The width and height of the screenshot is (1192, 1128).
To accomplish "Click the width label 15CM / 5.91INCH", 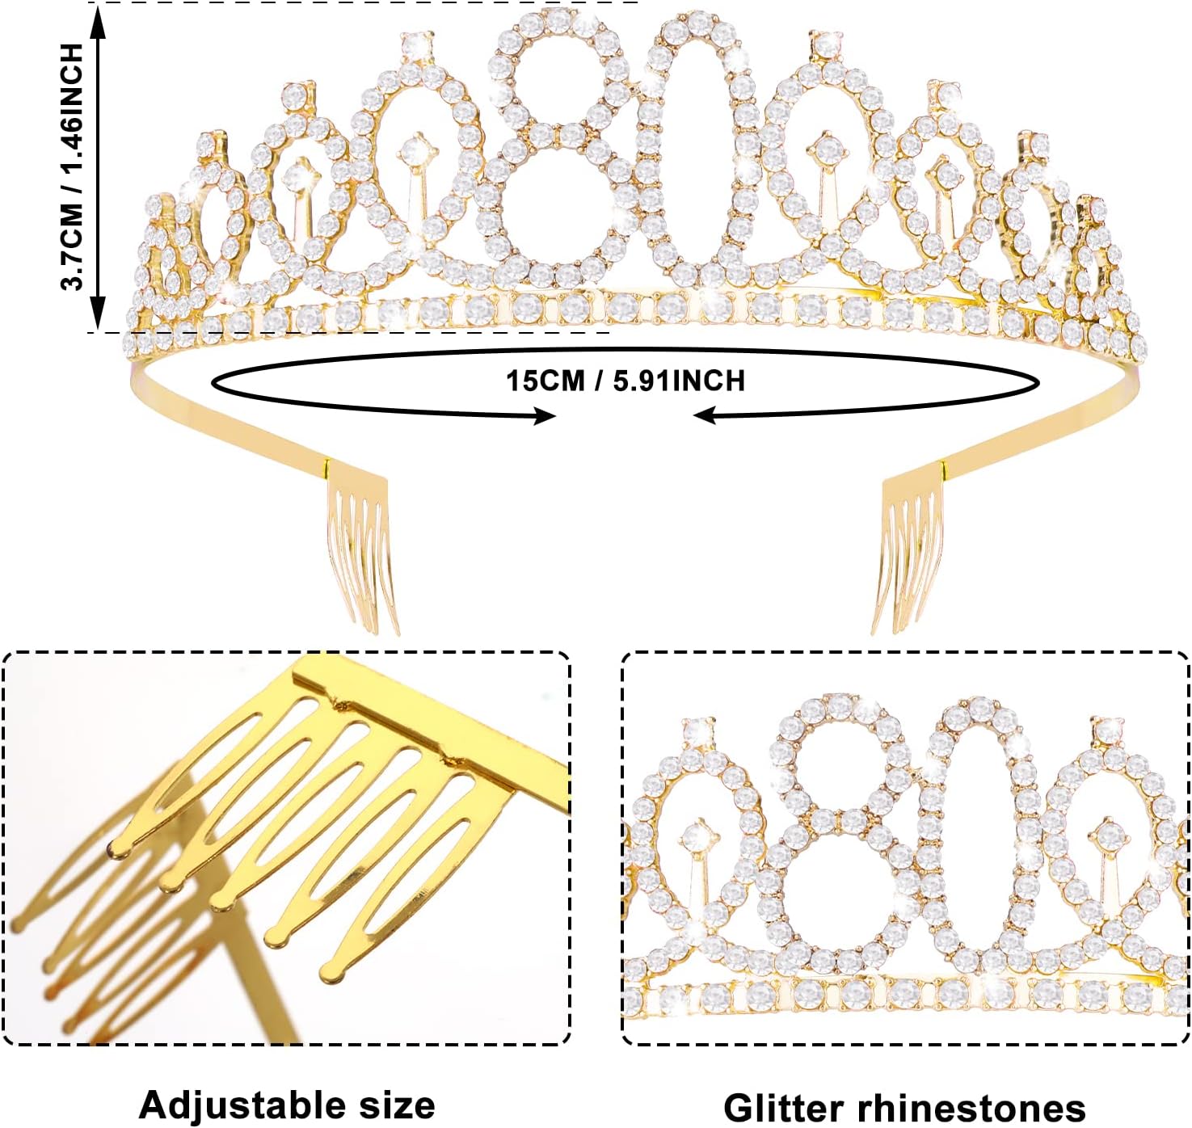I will pos(625,380).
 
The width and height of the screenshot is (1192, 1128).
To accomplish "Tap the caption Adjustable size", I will pos(287,1105).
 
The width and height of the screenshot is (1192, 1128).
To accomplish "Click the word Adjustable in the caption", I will pos(238,1105).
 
